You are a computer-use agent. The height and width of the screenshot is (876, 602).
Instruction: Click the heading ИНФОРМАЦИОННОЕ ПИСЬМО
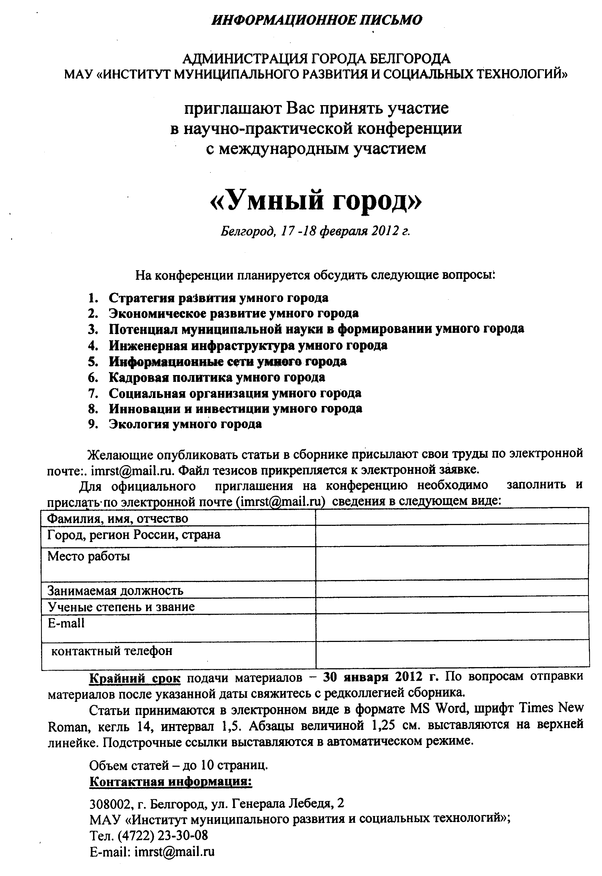317,20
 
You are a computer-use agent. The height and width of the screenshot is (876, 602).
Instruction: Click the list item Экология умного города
185,424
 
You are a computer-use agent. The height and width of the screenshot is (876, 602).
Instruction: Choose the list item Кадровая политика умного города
217,377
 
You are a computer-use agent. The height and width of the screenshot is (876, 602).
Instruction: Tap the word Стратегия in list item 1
138,298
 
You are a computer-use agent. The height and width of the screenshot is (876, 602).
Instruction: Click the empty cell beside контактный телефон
452,654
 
